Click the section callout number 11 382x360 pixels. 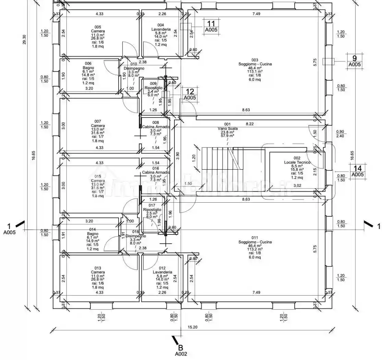[211, 24]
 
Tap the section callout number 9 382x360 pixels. [355, 58]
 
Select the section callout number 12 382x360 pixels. [190, 92]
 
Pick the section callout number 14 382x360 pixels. [357, 168]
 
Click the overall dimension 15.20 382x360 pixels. [193, 327]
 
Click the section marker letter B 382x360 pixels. [181, 348]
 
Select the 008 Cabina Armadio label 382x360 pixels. [156, 124]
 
